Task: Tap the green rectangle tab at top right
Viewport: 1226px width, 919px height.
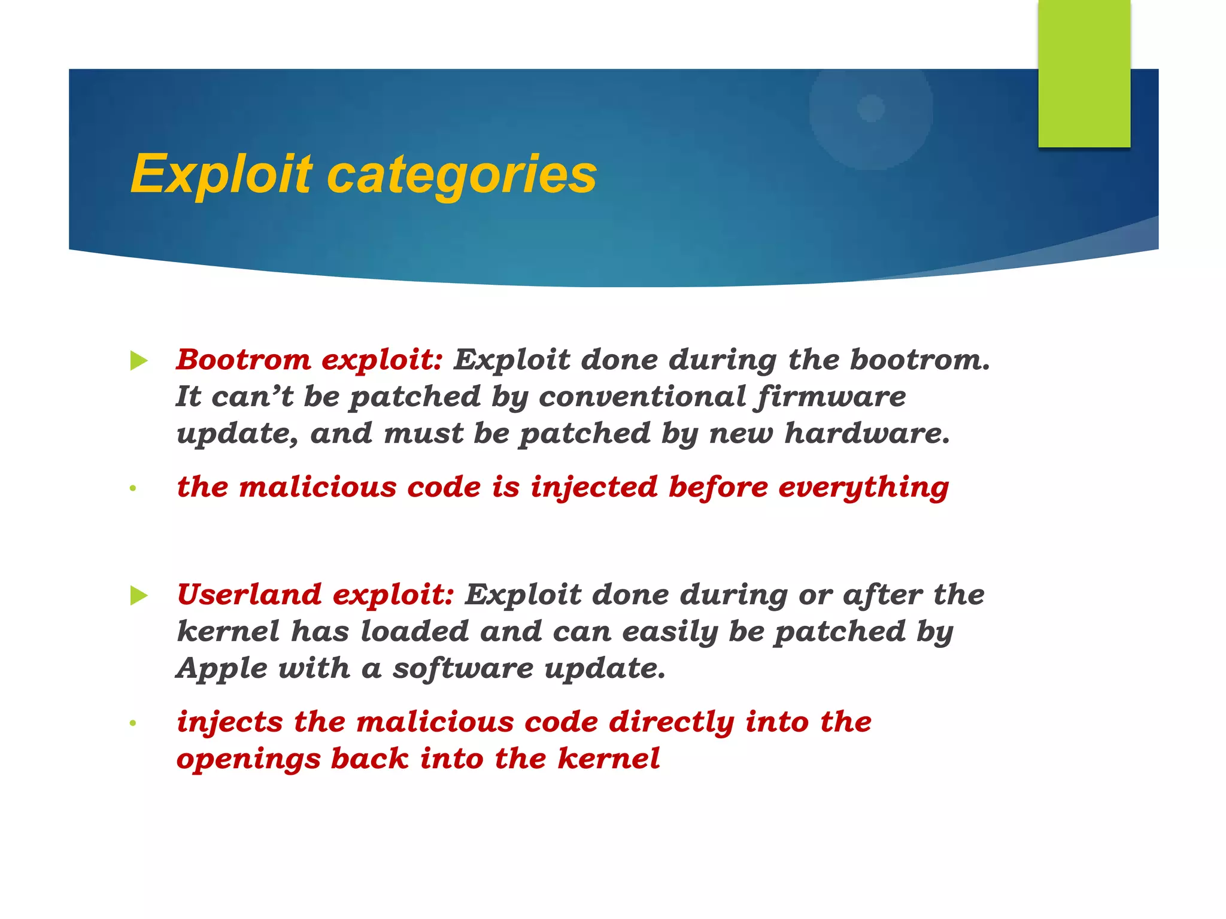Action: [x=1084, y=73]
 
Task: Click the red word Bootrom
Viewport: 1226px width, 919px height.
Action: [x=243, y=360]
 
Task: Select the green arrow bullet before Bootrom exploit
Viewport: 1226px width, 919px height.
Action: [x=138, y=361]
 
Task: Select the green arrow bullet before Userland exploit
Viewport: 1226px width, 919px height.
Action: [x=138, y=596]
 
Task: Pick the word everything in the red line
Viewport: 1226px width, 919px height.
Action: [x=863, y=487]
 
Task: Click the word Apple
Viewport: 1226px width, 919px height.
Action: [x=221, y=668]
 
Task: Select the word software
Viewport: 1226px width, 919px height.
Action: [x=463, y=668]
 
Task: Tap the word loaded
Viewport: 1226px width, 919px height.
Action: [x=414, y=631]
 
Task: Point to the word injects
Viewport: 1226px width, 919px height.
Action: [x=229, y=722]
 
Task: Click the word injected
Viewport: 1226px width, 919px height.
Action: [x=593, y=487]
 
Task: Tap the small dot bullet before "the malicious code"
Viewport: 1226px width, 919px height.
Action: [x=133, y=489]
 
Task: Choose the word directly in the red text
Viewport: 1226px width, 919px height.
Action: [x=671, y=722]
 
